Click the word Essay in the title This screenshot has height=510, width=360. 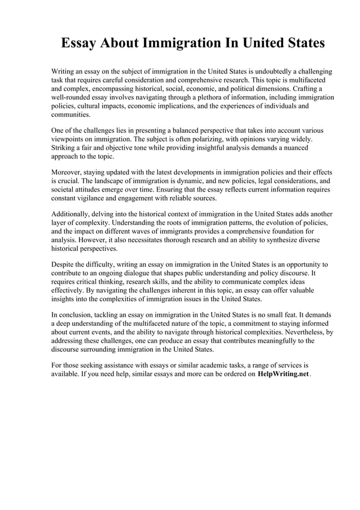[x=79, y=43]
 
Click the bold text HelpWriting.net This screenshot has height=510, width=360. [x=283, y=375]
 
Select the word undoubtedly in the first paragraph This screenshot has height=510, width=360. [x=271, y=72]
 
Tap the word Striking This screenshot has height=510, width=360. [x=64, y=147]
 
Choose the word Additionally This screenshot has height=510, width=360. [x=72, y=214]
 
